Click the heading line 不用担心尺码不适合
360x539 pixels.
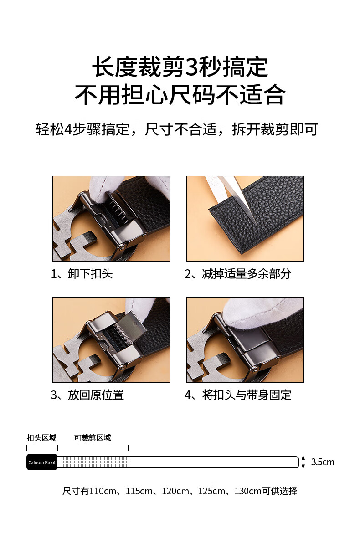click(x=180, y=94)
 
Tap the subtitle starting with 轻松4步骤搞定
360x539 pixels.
click(x=177, y=129)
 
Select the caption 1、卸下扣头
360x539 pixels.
click(x=82, y=274)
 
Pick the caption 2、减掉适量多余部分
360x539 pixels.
click(x=238, y=274)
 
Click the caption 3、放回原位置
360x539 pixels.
click(x=87, y=395)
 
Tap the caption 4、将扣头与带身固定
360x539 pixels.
click(x=238, y=395)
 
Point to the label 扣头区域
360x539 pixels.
click(x=41, y=437)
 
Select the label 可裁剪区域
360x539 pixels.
click(x=93, y=437)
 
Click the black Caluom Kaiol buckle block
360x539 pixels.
click(x=42, y=462)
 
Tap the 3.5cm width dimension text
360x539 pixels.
click(x=323, y=462)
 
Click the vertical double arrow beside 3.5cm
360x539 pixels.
click(x=303, y=462)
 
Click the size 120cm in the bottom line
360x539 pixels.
click(x=175, y=491)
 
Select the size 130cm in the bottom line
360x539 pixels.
click(x=248, y=491)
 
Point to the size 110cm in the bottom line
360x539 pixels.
click(x=103, y=491)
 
